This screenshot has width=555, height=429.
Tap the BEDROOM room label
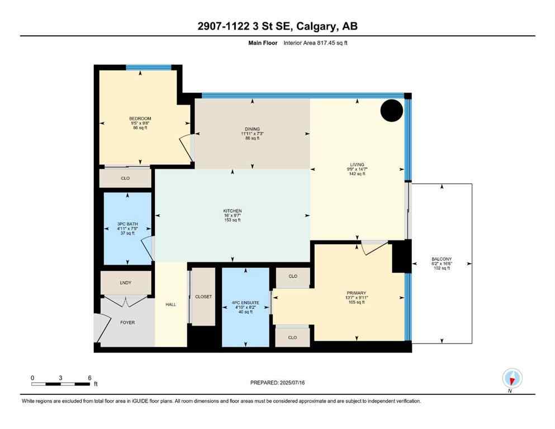[x=140, y=118]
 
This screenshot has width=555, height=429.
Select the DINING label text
[x=252, y=129]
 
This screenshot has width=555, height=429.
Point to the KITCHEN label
[x=232, y=211]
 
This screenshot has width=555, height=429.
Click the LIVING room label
[x=357, y=165]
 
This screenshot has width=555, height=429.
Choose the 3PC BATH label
[x=127, y=225]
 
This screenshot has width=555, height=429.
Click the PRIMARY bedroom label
[x=356, y=293]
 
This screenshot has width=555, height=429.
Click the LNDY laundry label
[x=125, y=283]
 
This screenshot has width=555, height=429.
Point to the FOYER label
[x=127, y=322]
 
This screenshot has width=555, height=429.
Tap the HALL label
[x=170, y=304]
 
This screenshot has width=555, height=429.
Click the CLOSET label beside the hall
[x=203, y=297]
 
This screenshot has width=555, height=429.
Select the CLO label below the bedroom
[x=125, y=179]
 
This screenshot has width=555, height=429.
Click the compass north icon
[x=512, y=378]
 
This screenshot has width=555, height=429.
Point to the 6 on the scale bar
[x=89, y=378]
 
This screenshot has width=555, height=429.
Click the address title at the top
[x=277, y=27]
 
